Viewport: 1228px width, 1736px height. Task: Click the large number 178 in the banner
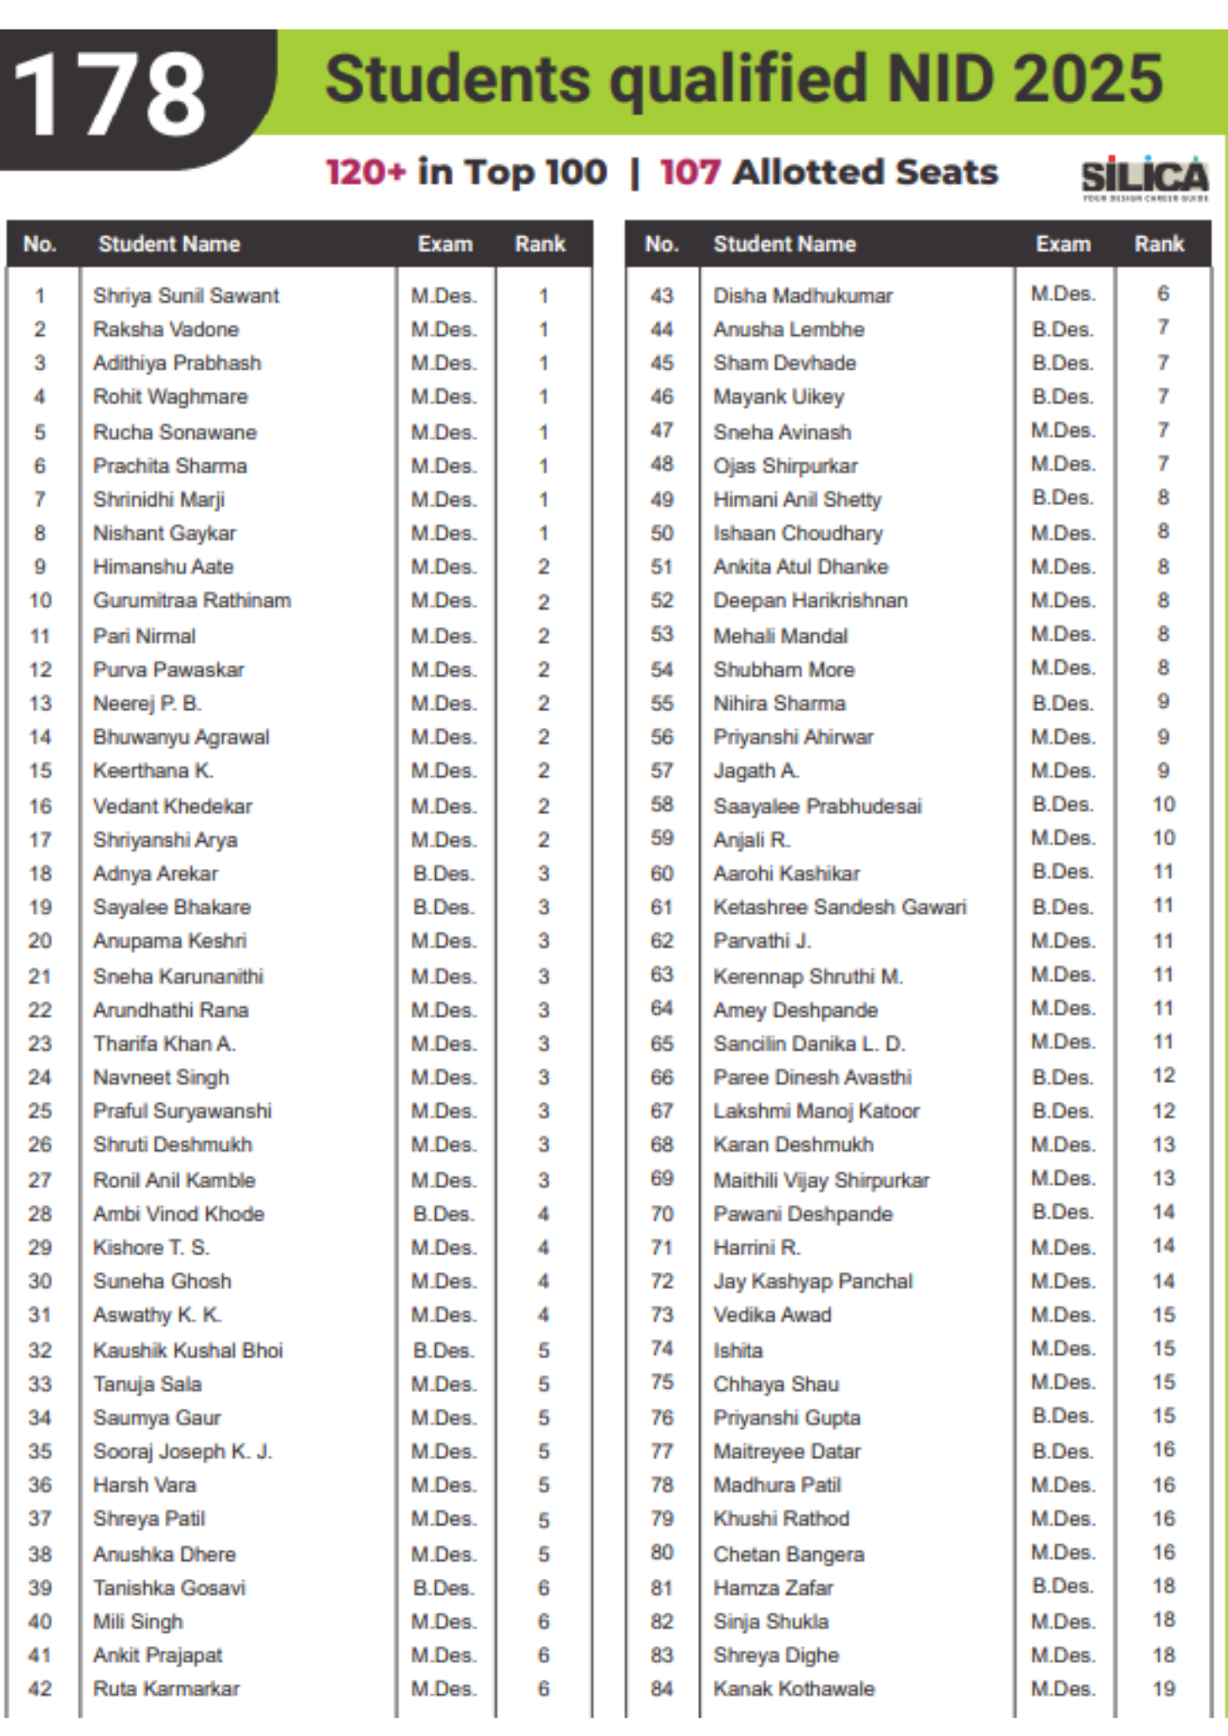[x=110, y=94]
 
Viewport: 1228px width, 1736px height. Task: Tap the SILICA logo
[x=1145, y=178]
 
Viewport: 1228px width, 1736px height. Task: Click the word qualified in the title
[x=738, y=80]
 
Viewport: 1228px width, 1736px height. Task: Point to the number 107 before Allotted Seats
[x=690, y=172]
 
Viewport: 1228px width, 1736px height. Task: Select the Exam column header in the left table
[x=445, y=244]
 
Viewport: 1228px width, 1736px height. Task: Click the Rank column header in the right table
[x=1159, y=244]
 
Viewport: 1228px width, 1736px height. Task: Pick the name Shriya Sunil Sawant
[x=186, y=296]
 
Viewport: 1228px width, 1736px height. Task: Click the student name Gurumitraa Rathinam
[x=192, y=601]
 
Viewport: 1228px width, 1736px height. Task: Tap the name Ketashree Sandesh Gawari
[x=839, y=907]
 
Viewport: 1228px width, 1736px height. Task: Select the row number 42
[x=40, y=1688]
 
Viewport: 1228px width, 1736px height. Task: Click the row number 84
[x=662, y=1688]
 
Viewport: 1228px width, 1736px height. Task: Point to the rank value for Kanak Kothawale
[x=1163, y=1688]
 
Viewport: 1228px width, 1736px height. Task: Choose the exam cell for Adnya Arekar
[x=444, y=873]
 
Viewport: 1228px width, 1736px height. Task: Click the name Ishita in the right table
[x=738, y=1351]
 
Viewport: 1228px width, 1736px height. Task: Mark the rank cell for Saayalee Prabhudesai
[x=1163, y=805]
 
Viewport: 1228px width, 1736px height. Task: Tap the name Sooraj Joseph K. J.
[x=182, y=1451]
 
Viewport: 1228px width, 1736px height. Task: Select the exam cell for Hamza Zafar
[x=1062, y=1587]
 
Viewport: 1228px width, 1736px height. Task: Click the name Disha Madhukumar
[x=802, y=296]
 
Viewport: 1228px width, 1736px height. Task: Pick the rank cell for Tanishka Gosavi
[x=543, y=1588]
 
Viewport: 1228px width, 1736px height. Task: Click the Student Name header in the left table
[x=168, y=244]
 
